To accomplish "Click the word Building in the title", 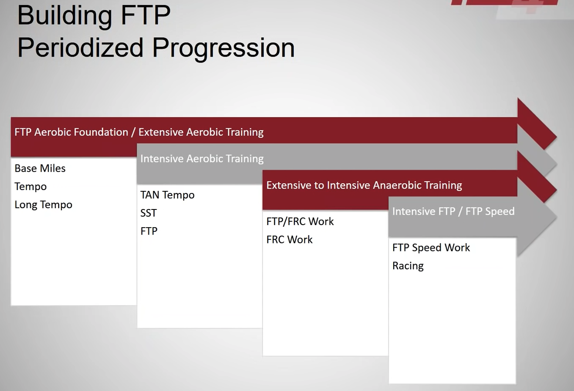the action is [65, 16].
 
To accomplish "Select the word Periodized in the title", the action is [80, 48].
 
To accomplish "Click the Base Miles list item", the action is [40, 168].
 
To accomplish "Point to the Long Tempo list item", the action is [43, 205].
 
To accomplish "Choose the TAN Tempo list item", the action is [167, 195].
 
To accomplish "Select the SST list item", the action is [149, 213].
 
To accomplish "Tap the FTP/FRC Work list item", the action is [300, 222].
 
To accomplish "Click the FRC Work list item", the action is [289, 240].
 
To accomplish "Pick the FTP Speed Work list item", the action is [431, 248].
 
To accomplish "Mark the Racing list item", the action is [408, 266].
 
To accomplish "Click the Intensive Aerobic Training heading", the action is [202, 159].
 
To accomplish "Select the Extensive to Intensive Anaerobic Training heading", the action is [364, 185].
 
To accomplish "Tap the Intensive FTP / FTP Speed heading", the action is [453, 212].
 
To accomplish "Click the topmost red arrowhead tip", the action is [556, 137].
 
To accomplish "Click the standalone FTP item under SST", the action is [149, 231].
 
